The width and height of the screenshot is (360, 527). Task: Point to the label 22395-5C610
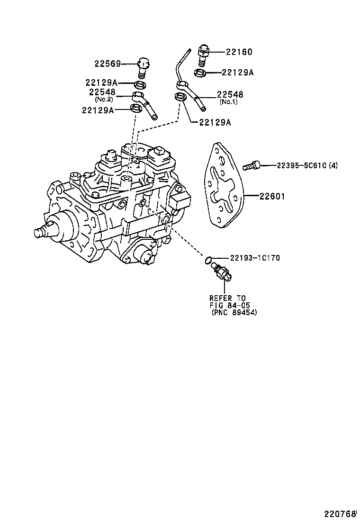[x=293, y=165]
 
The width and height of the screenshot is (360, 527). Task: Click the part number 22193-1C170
[x=255, y=258]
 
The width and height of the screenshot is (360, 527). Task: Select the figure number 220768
[x=340, y=514]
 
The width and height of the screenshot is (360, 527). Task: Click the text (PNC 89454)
[x=234, y=313]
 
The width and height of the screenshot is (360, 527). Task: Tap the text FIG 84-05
[x=229, y=305]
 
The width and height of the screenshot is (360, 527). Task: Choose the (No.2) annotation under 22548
[x=104, y=100]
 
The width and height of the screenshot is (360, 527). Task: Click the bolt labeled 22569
[x=143, y=69]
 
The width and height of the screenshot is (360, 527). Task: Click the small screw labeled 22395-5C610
[x=251, y=165]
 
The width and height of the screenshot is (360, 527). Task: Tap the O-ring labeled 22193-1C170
[x=208, y=260]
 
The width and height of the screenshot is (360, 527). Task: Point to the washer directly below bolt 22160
[x=200, y=73]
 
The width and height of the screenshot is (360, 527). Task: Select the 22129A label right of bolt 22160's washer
[x=238, y=73]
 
